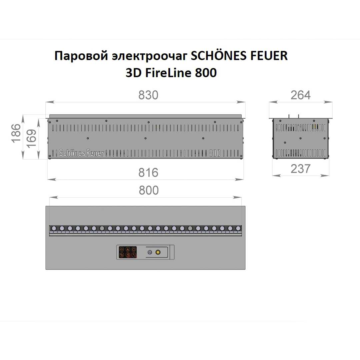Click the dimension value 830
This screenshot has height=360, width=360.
tap(148, 95)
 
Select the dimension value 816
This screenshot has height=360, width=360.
tap(148, 173)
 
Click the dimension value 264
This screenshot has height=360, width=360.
tap(300, 95)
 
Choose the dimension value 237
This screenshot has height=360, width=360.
tap(300, 169)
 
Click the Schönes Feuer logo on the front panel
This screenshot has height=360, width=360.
tap(81, 153)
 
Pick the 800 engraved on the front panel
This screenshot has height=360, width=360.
tap(215, 153)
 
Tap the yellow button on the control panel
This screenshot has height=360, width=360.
tap(158, 252)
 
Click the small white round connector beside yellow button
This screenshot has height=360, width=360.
tap(150, 252)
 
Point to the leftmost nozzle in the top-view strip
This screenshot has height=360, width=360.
tap(54, 228)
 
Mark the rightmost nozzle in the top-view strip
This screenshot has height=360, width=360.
tap(238, 228)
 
